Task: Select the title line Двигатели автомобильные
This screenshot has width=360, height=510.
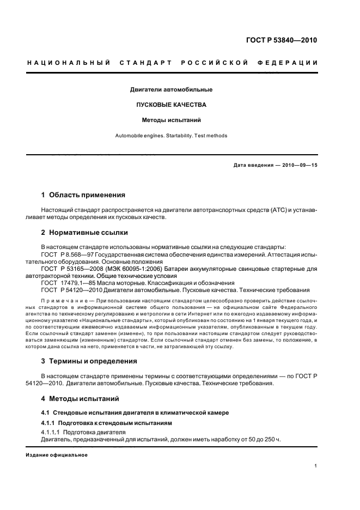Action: point(171,89)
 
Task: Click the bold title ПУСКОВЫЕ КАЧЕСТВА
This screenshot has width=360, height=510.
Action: point(171,105)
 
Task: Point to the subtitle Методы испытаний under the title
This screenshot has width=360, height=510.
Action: point(171,120)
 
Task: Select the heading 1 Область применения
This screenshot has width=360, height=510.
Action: point(83,195)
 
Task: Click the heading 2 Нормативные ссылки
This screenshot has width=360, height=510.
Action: point(84,233)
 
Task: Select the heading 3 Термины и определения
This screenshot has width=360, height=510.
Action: point(89,361)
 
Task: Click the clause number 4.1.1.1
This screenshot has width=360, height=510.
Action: point(51,432)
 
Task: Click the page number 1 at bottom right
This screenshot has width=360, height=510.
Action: point(315,466)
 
